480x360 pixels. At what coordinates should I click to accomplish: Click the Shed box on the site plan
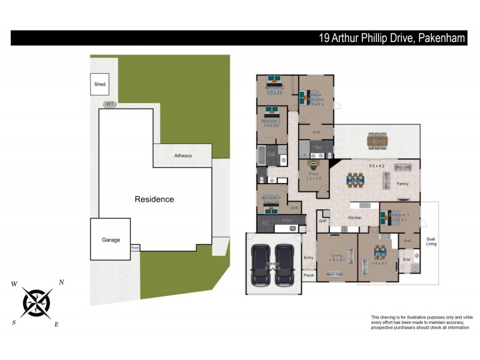click(x=100, y=84)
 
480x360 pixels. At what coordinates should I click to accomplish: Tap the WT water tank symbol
click(x=109, y=104)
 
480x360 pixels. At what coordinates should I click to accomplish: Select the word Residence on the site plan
click(x=154, y=199)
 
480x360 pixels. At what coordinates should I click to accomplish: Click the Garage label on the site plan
click(x=110, y=240)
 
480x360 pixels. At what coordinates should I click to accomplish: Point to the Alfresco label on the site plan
click(x=182, y=155)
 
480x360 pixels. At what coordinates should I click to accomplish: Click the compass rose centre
click(x=37, y=302)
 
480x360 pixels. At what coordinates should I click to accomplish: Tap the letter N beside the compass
click(x=61, y=283)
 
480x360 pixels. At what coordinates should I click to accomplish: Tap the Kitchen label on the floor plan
click(x=355, y=217)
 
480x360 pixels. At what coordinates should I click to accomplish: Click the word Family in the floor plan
click(x=403, y=184)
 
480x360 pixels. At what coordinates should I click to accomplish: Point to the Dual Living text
click(x=431, y=241)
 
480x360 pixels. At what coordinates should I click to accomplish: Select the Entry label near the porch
click(x=308, y=257)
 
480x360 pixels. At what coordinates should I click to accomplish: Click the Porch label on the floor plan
click(x=308, y=275)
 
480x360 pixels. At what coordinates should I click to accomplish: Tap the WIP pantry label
click(x=322, y=221)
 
